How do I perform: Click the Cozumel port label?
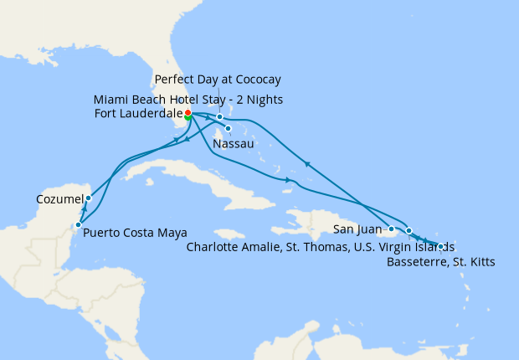(60, 199)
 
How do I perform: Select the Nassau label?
(234, 144)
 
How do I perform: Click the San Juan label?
(358, 229)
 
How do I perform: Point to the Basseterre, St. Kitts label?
(441, 262)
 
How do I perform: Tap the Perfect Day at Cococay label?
(218, 80)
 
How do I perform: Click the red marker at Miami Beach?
(188, 112)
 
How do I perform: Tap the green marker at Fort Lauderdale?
(188, 117)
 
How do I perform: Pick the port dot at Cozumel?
(88, 198)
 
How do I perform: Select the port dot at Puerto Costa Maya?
(77, 224)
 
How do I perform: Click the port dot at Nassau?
(228, 128)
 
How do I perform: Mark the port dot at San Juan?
(391, 228)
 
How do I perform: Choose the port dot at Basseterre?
(441, 246)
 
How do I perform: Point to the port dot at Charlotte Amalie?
(409, 230)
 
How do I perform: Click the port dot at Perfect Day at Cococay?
(219, 117)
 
